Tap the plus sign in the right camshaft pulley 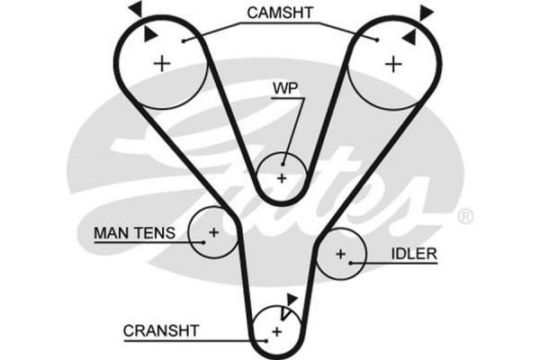[x=392, y=64]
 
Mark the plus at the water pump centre [x=282, y=176]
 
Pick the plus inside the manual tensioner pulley [x=213, y=234]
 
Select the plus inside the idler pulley [x=340, y=255]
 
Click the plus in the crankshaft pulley [x=276, y=333]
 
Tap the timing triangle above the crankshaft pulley [x=290, y=300]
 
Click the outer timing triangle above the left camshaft [x=135, y=8]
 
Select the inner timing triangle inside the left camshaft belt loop [x=150, y=32]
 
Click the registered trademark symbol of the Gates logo [x=464, y=217]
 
